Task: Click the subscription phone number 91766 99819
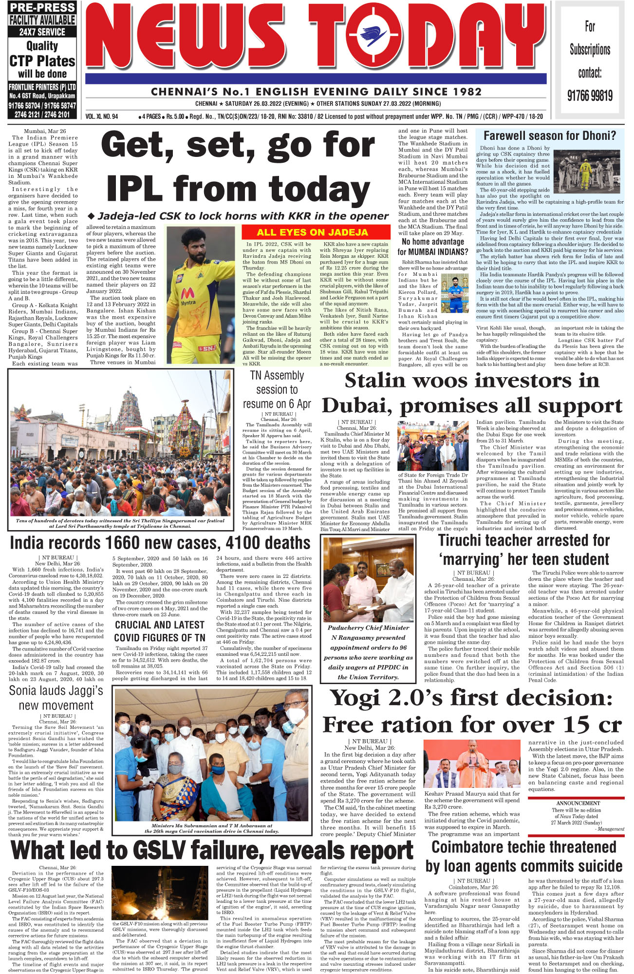click(x=590, y=95)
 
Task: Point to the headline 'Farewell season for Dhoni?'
click(x=549, y=136)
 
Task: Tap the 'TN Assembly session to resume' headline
click(x=277, y=390)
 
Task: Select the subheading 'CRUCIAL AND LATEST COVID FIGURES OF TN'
click(x=159, y=631)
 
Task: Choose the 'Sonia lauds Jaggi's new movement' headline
click(x=56, y=698)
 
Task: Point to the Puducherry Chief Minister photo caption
click(x=368, y=652)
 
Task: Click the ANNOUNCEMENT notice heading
click(x=578, y=803)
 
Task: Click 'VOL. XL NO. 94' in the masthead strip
click(x=101, y=117)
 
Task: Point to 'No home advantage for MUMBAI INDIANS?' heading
click(x=432, y=247)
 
